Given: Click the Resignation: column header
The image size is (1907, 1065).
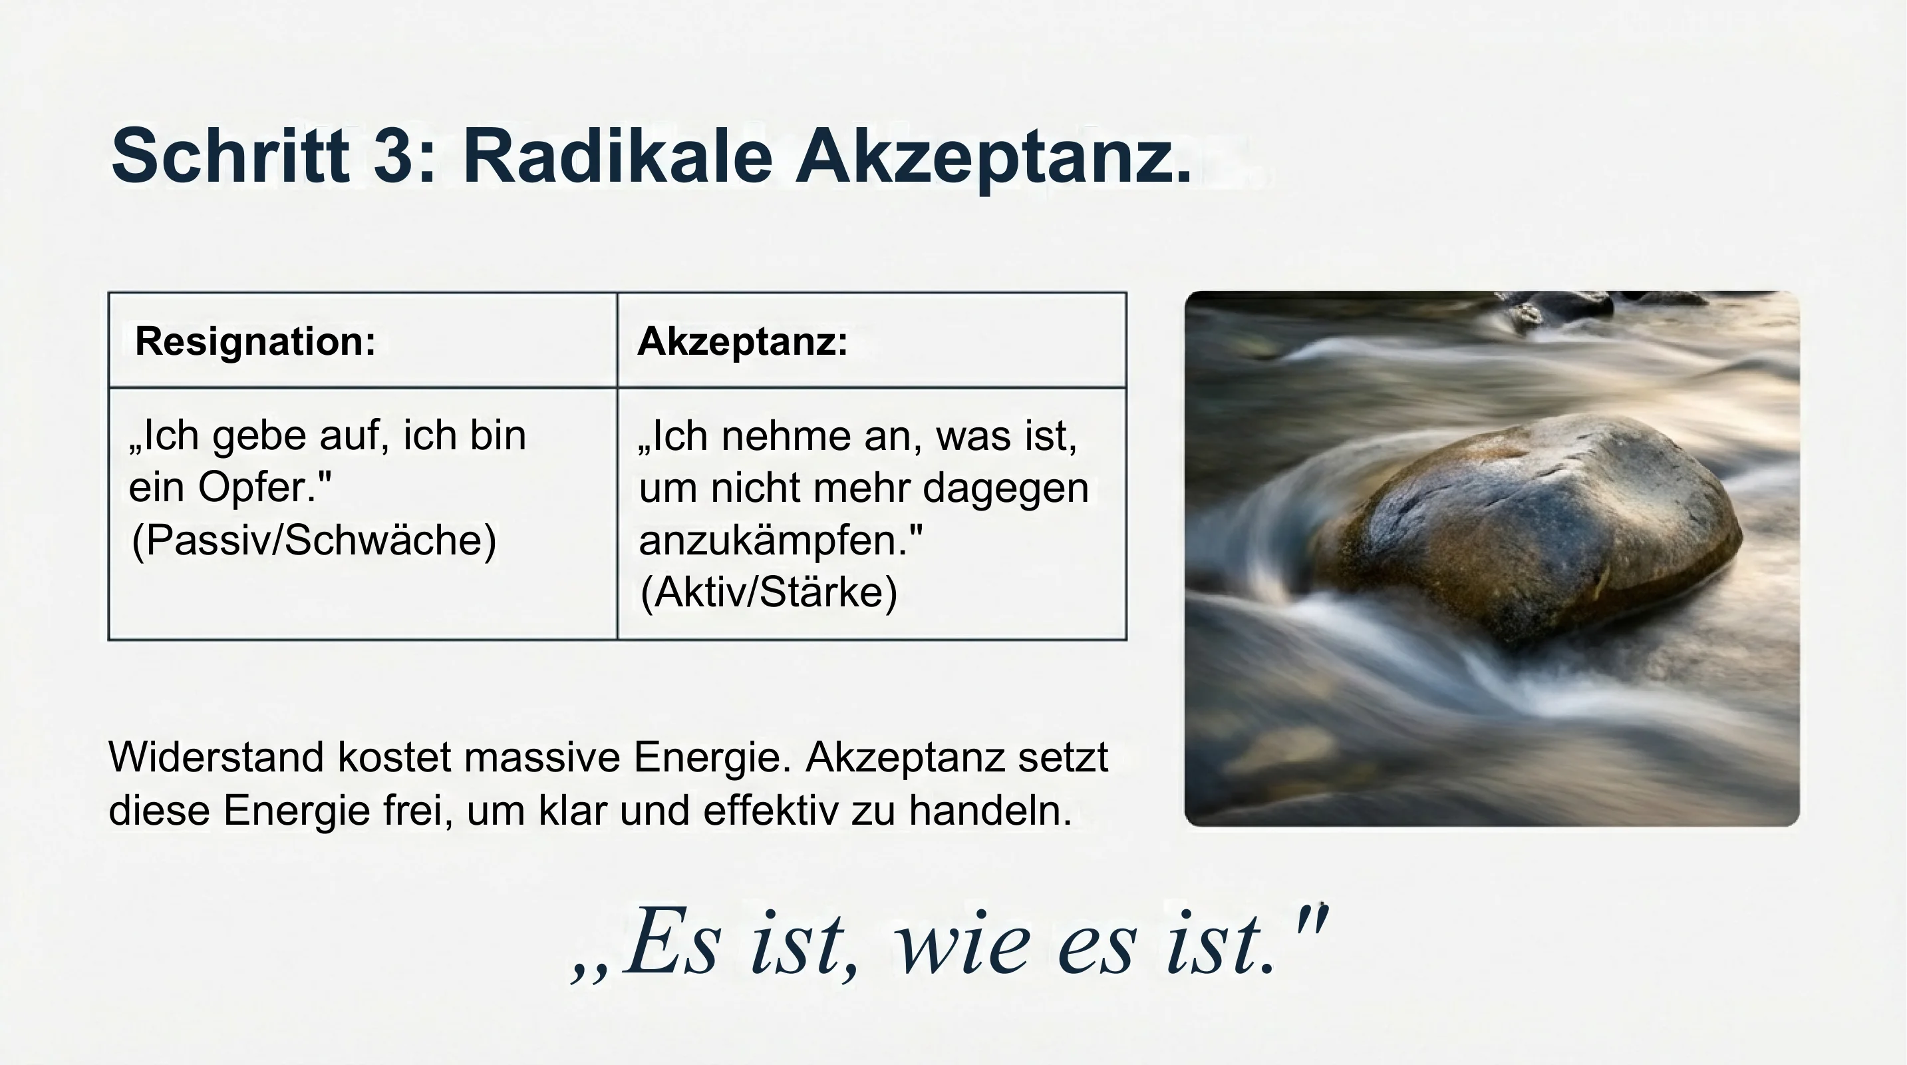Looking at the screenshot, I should (x=255, y=341).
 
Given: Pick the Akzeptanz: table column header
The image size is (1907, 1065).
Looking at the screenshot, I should (x=742, y=341).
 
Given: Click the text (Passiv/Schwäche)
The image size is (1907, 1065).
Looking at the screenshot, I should (x=313, y=540).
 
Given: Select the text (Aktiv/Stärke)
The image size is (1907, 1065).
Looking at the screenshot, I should (x=768, y=592).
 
